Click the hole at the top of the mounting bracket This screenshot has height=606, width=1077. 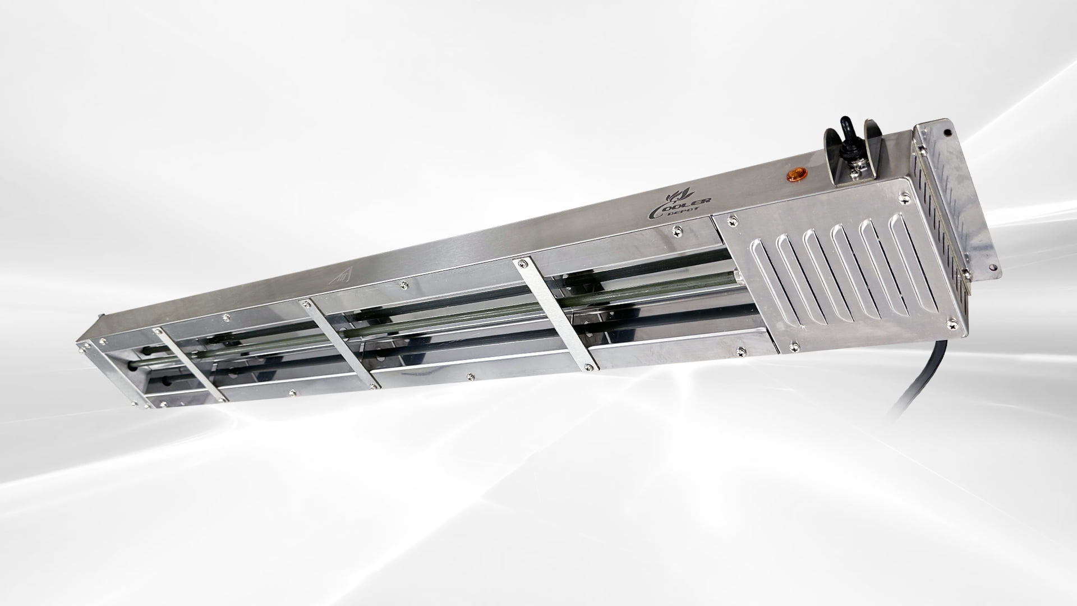947,133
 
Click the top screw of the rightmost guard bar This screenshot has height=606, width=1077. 523,261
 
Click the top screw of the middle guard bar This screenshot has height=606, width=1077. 306,304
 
